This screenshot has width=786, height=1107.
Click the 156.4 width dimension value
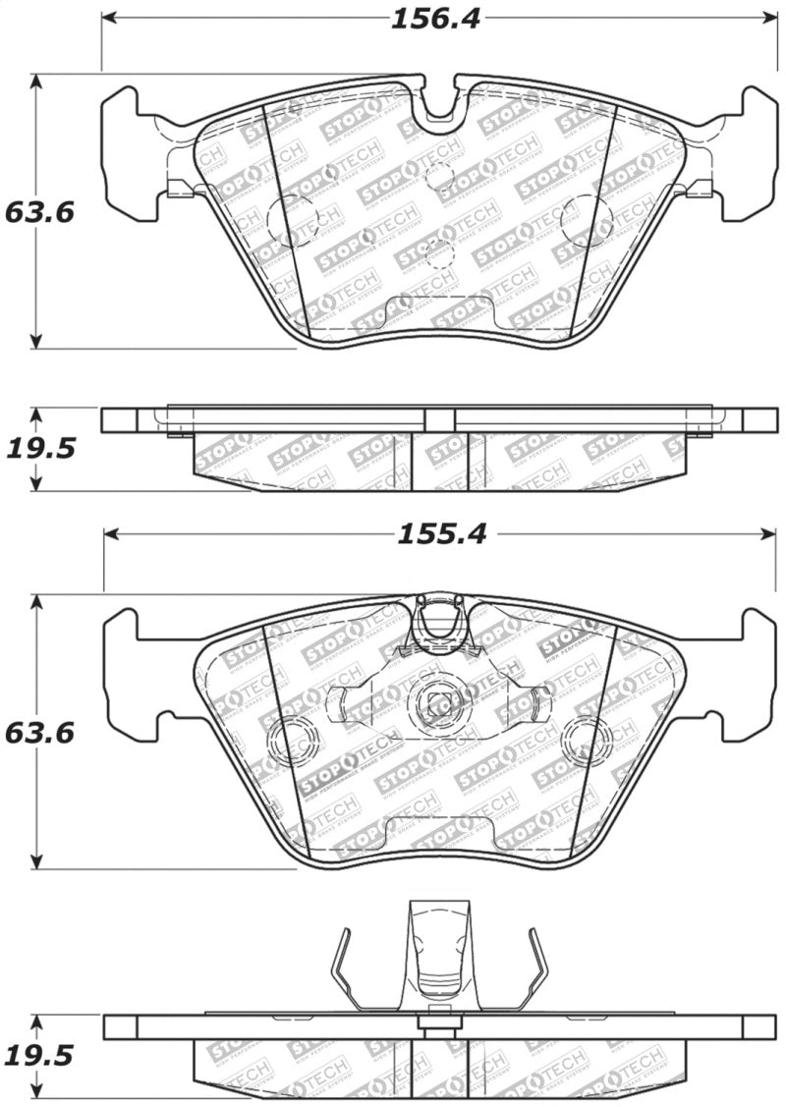click(435, 19)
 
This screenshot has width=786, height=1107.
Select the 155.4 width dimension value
click(441, 534)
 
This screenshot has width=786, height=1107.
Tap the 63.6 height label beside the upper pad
click(39, 212)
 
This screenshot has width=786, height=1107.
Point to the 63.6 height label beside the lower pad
click(39, 733)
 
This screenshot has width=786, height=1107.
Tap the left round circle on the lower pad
click(292, 741)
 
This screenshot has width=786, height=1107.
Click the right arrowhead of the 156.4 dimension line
click(770, 19)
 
